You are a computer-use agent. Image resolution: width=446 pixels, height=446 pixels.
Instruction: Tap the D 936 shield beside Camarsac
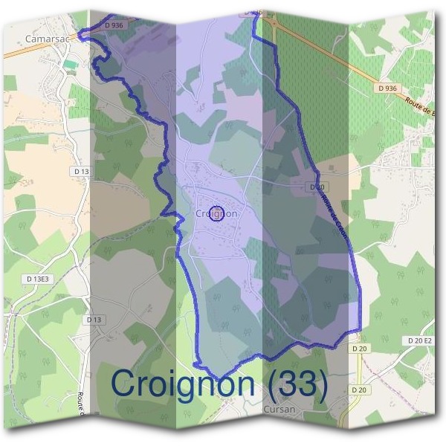[x=114, y=25]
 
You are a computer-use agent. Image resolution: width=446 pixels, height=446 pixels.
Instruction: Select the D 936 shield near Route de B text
[x=387, y=88]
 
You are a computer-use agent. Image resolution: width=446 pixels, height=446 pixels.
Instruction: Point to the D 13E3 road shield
[x=37, y=279]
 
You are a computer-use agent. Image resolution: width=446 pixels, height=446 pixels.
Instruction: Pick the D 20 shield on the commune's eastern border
[x=317, y=187]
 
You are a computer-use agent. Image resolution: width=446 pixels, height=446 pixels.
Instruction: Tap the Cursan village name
[x=279, y=409]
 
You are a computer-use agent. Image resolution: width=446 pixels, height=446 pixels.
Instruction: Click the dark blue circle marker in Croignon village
[x=216, y=213]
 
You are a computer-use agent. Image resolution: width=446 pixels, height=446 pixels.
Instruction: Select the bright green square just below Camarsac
[x=70, y=65]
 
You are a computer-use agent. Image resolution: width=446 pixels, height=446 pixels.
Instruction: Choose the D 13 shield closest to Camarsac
[x=82, y=172]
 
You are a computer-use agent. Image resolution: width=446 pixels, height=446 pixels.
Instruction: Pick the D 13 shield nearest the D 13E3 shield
[x=94, y=320]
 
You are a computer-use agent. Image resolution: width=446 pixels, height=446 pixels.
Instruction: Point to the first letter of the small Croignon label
[x=198, y=213]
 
